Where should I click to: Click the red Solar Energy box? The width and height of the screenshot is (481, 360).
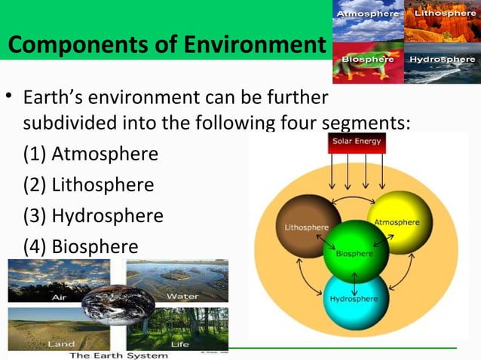pyautogui.click(x=357, y=142)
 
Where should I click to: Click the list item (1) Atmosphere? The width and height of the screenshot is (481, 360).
pyautogui.click(x=90, y=154)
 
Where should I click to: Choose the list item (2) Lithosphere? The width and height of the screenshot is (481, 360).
pyautogui.click(x=88, y=185)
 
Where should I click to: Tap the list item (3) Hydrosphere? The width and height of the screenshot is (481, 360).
pyautogui.click(x=93, y=216)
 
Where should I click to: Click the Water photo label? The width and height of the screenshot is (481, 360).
pyautogui.click(x=182, y=296)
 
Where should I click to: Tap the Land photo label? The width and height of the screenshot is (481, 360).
pyautogui.click(x=60, y=344)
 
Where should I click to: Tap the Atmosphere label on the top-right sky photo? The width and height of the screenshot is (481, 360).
pyautogui.click(x=367, y=14)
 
